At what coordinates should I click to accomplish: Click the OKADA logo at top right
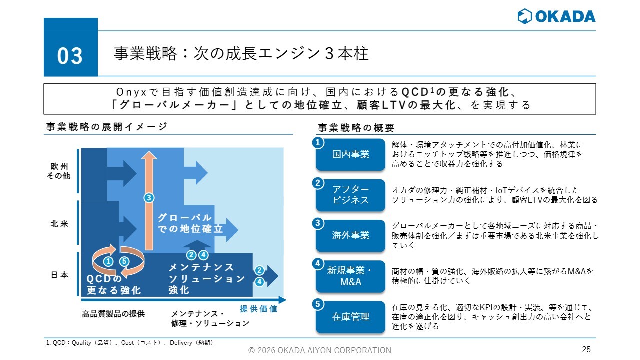point(556,16)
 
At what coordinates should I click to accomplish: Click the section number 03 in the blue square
point(70,56)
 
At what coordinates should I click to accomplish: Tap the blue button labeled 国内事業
point(350,154)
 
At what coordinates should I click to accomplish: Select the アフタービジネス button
point(350,195)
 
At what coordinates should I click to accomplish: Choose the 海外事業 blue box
point(350,235)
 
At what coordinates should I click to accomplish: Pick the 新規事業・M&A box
point(350,276)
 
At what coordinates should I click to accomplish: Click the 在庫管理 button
point(350,317)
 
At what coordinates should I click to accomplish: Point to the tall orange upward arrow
point(149,201)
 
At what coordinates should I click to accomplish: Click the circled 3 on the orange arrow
point(149,198)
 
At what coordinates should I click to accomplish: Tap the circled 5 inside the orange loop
point(124,261)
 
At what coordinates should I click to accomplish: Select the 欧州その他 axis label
point(59,171)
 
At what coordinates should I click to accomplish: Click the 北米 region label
point(59,224)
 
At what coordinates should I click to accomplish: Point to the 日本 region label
point(59,275)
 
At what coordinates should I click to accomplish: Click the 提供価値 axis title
point(259,309)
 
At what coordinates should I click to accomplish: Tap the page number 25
point(586,349)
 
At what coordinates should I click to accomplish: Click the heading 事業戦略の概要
point(356,128)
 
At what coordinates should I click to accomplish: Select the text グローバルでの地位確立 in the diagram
point(190,223)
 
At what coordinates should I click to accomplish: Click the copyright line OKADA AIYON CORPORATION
point(320,350)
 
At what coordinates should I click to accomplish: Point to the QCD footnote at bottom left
point(129,343)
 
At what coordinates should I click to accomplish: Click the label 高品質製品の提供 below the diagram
point(113,314)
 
